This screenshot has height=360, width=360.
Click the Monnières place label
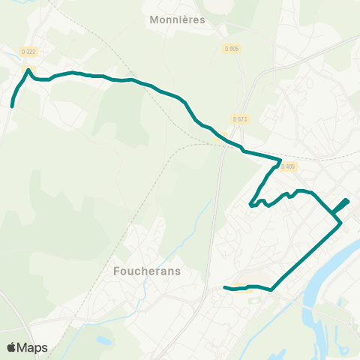pyautogui.click(x=177, y=21)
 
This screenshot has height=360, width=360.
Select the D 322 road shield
pyautogui.click(x=28, y=51)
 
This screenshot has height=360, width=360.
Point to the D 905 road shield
pyautogui.click(x=231, y=49)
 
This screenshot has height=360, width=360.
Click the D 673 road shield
pyautogui.click(x=240, y=118)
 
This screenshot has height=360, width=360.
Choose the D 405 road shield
pyautogui.click(x=288, y=166)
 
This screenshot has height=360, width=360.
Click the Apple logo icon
pyautogui.click(x=11, y=348)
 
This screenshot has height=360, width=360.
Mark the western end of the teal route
pyautogui.click(x=12, y=107)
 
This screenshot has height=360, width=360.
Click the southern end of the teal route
pyautogui.click(x=225, y=286)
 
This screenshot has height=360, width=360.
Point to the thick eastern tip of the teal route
pyautogui.click(x=347, y=200)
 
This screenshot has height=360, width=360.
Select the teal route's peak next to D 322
pyautogui.click(x=28, y=70)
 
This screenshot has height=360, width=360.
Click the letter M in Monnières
pyautogui.click(x=154, y=21)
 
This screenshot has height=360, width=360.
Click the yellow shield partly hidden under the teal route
pyautogui.click(x=220, y=137)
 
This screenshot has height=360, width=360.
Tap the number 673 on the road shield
pyautogui.click(x=242, y=118)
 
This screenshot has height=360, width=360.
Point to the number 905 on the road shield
pyautogui.click(x=233, y=49)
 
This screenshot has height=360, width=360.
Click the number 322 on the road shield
pyautogui.click(x=31, y=51)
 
